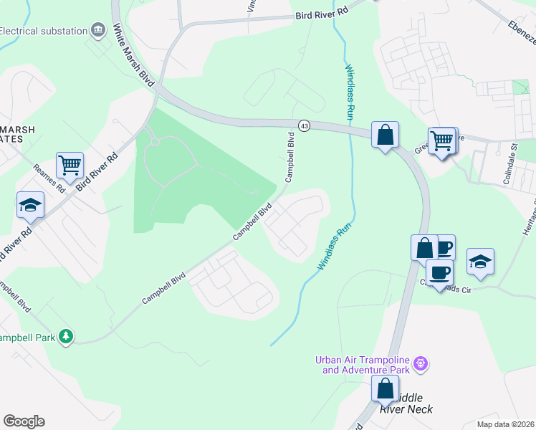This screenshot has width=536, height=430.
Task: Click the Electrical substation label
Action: point(43,31)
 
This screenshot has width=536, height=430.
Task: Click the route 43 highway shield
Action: point(305,125)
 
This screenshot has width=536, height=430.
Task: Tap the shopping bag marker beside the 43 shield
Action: point(385,135)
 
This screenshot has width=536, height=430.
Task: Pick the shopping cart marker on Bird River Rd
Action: point(70,166)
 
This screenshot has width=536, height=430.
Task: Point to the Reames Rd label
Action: point(49,179)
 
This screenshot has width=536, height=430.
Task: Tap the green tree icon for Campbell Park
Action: point(66,335)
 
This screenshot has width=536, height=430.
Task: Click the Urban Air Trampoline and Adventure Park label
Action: point(365,365)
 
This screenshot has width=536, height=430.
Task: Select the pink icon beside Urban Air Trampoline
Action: point(422,364)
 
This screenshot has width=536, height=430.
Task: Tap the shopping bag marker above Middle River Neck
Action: point(385,389)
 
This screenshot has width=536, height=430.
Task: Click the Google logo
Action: point(24,421)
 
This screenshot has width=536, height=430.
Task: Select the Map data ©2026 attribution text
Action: point(505,424)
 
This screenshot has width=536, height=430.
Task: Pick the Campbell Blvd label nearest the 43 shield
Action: point(290,157)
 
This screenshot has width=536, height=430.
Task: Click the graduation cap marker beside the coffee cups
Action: point(480,262)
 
